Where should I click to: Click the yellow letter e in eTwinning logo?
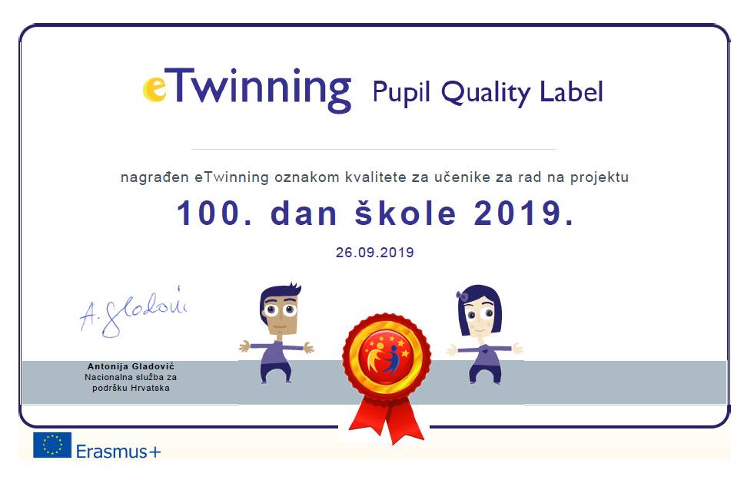[154, 90]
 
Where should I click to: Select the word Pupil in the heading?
[401, 92]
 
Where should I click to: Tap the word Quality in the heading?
[486, 92]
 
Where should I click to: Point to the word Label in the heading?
[571, 91]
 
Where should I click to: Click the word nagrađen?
[154, 177]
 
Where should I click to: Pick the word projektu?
[600, 177]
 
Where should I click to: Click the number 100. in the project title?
[214, 213]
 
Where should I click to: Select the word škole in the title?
[405, 213]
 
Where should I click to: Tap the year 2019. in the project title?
[523, 213]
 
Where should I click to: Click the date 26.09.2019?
[374, 253]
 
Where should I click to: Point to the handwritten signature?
[133, 313]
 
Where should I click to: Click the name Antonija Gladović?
[131, 367]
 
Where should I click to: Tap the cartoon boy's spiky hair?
[281, 293]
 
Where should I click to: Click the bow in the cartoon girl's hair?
[462, 296]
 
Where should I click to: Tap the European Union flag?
[52, 445]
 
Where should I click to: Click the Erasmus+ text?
[118, 452]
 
